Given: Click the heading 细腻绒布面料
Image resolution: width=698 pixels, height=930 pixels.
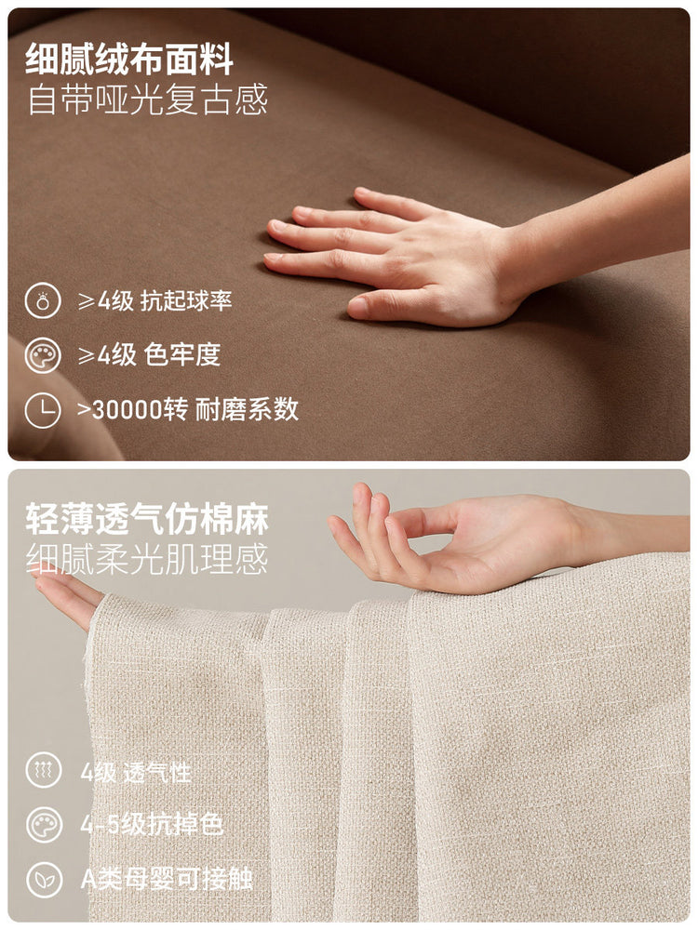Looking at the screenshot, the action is click(x=129, y=60).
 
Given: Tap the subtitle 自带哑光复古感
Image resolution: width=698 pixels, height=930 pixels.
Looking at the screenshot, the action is click(x=147, y=100).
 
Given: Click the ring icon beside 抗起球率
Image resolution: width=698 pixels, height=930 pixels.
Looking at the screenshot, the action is click(x=43, y=300).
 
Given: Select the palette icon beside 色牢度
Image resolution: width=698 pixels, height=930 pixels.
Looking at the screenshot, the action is click(x=43, y=355).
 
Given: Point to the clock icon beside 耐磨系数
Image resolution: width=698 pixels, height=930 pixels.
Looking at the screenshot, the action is click(x=43, y=410).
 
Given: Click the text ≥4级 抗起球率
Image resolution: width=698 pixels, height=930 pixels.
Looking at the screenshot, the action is click(x=154, y=301).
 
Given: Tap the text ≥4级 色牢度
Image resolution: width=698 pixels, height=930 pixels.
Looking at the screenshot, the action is click(x=149, y=355).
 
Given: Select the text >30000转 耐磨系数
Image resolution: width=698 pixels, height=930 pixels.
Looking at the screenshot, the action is click(x=188, y=409).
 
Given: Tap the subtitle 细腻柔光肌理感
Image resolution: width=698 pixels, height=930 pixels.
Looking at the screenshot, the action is click(x=147, y=558).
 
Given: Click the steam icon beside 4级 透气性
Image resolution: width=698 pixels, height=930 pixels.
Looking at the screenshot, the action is click(x=44, y=770).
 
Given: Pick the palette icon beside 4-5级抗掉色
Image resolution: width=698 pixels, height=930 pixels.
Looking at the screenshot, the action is click(x=44, y=824).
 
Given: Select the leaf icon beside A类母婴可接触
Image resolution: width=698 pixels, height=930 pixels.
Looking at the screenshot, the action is click(x=44, y=879).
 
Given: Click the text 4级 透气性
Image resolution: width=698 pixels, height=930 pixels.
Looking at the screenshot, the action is click(x=136, y=772).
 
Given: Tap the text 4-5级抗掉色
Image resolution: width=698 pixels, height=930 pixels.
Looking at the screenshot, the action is click(x=152, y=824).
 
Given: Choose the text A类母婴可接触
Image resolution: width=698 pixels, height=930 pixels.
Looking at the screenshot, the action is click(x=167, y=879).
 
